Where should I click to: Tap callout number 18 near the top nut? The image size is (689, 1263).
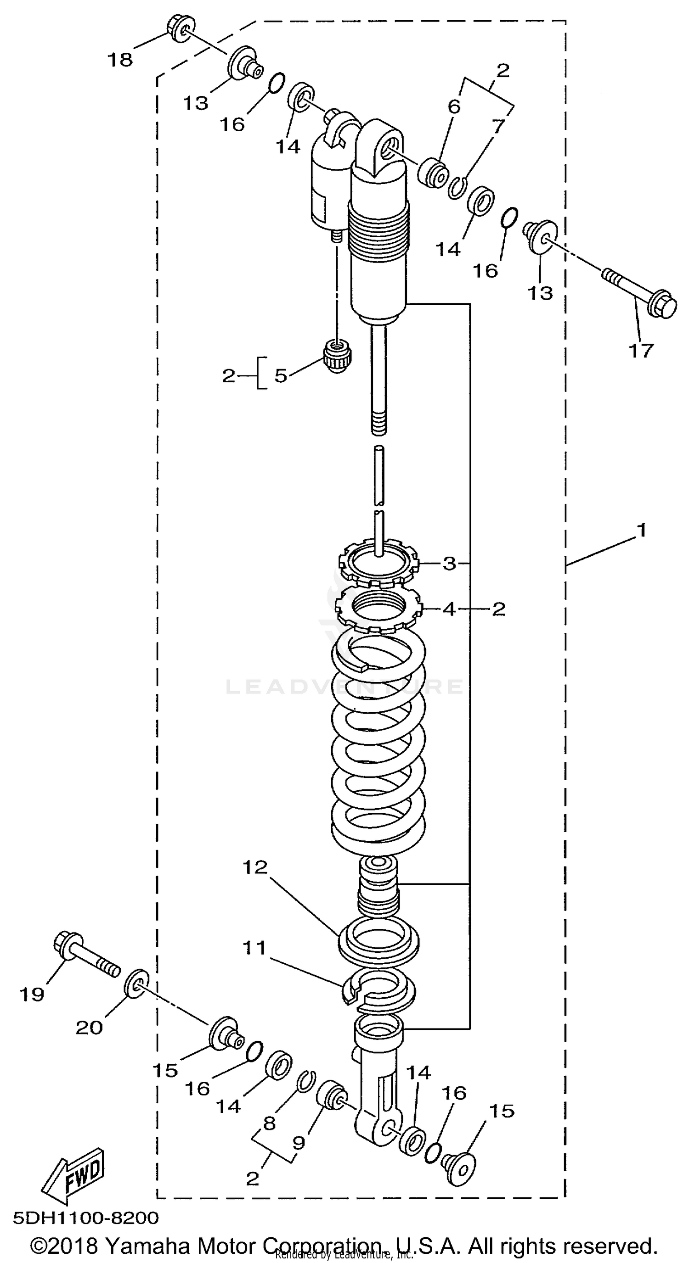coord(120,60)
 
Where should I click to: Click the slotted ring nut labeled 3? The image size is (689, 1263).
coord(380,564)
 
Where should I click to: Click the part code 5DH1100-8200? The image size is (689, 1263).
coord(86,1218)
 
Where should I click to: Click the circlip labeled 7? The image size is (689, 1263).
coord(457,188)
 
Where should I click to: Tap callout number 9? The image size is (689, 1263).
coord(299,1143)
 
